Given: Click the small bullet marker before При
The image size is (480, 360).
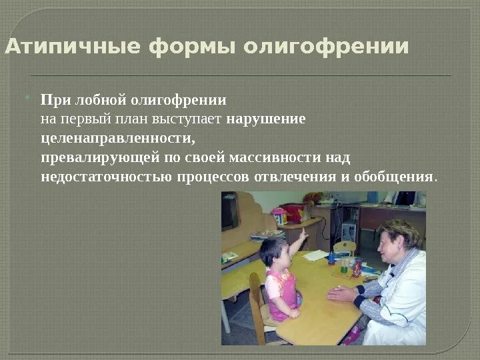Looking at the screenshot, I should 27,99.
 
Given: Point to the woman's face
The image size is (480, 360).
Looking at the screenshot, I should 389,243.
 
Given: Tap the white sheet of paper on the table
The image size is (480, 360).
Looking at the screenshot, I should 316,255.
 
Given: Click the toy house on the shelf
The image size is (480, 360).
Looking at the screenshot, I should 279,215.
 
